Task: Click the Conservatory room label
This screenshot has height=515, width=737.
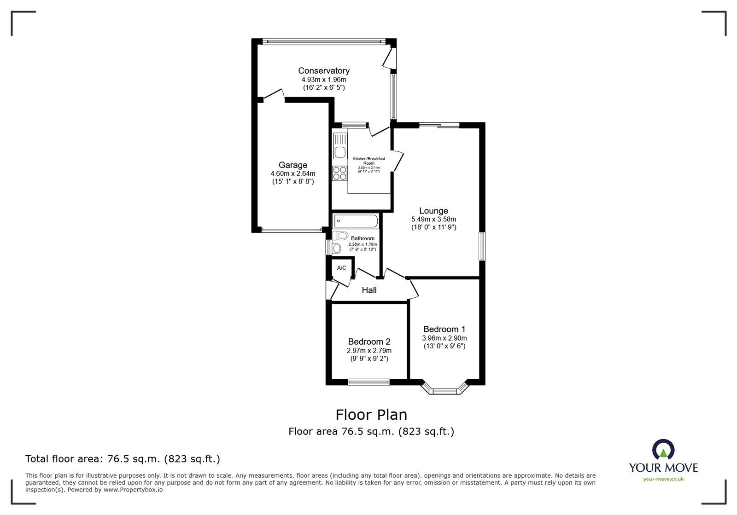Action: coord(323,71)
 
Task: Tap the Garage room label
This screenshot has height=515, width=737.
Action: coord(292,165)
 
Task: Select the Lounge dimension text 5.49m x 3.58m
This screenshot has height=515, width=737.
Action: coord(433,220)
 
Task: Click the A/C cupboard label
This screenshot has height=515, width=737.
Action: coord(341,268)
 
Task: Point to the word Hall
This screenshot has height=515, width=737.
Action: coord(369,290)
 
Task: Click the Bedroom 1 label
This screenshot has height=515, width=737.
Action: coord(444,329)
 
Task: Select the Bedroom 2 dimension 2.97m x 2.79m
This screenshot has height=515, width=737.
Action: coord(369,350)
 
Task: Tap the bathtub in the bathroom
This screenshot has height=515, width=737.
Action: coord(355,221)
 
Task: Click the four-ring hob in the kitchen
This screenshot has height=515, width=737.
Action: coord(340,174)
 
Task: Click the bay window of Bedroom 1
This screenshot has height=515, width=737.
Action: coord(444,391)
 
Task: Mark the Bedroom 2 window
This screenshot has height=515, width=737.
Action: coord(368,382)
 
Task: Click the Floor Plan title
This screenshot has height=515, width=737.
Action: coord(371,415)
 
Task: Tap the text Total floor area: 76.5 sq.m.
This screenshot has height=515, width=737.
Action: coord(123,459)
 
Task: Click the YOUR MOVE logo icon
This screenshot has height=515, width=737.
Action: coord(663,450)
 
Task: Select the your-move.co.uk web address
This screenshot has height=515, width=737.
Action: coord(663,479)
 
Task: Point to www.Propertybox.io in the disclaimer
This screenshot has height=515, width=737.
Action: coord(133,490)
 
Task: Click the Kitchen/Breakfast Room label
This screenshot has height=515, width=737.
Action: coord(368,161)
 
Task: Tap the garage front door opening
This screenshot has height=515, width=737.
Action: coord(292,230)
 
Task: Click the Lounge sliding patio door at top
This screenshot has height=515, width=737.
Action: coord(439,125)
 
